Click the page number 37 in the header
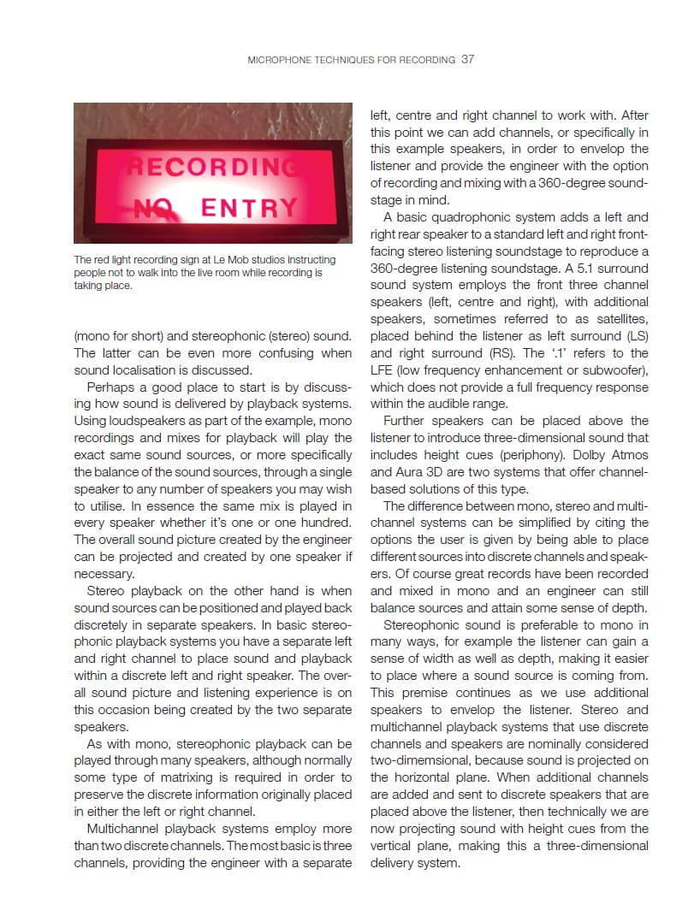467,60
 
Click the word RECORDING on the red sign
214,165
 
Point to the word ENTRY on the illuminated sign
249,207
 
